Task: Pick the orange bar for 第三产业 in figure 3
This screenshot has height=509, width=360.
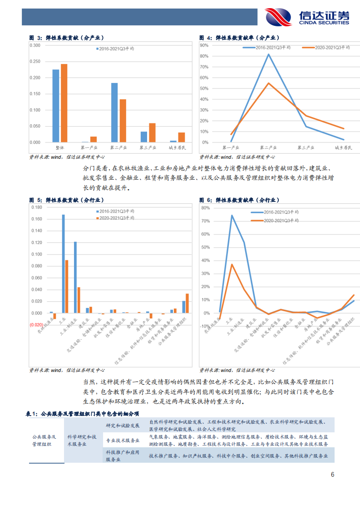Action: (x=152, y=132)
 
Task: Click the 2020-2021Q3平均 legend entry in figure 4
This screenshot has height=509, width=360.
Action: (x=326, y=47)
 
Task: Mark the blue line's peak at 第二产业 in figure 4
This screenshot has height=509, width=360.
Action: (x=268, y=54)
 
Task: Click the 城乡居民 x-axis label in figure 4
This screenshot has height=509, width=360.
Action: (x=343, y=148)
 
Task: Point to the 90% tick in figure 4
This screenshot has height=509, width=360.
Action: (x=204, y=45)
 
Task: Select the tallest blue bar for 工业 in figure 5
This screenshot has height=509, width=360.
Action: (x=63, y=264)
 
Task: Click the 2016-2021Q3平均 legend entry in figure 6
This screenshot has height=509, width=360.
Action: (x=275, y=212)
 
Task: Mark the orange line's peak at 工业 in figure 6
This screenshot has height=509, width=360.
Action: (x=232, y=264)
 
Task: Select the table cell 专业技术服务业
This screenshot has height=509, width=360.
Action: (x=123, y=440)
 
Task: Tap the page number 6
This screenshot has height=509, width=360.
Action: (x=332, y=475)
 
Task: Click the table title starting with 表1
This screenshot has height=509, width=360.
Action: (x=82, y=414)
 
